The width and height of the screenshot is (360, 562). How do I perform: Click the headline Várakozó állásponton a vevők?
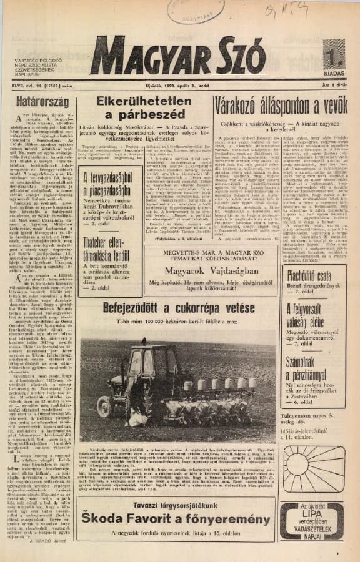coord(280,105)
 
